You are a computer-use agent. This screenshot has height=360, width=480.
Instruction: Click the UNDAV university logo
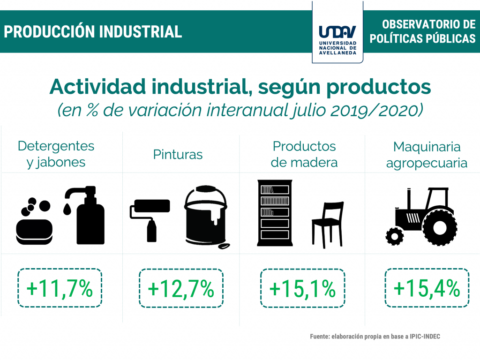click(x=337, y=40)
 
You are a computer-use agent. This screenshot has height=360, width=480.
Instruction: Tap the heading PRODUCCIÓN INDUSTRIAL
click(x=93, y=32)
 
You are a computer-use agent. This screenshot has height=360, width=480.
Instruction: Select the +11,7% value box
click(x=60, y=288)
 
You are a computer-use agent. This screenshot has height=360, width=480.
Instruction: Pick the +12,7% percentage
click(x=181, y=288)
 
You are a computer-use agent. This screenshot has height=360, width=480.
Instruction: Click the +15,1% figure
click(x=302, y=288)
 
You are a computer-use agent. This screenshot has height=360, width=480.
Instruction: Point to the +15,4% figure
click(x=427, y=288)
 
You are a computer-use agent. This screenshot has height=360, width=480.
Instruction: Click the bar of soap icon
click(x=34, y=232)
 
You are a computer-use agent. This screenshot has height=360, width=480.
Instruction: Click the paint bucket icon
click(x=207, y=217)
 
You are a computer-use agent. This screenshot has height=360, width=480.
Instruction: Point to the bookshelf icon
click(x=275, y=213)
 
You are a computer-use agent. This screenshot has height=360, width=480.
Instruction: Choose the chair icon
click(x=328, y=225)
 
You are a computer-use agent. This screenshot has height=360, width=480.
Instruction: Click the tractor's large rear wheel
click(x=440, y=227)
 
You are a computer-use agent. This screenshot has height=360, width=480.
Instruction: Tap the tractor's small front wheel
click(x=394, y=236)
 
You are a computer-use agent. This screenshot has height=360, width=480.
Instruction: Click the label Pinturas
click(x=178, y=155)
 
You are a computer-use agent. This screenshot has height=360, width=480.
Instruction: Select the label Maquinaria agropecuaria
click(x=427, y=155)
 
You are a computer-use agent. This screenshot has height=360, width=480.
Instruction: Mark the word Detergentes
click(x=56, y=146)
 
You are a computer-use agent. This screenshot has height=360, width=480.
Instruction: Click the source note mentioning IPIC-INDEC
click(x=375, y=337)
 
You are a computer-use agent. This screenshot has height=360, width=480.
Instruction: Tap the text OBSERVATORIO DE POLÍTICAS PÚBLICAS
click(x=423, y=31)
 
